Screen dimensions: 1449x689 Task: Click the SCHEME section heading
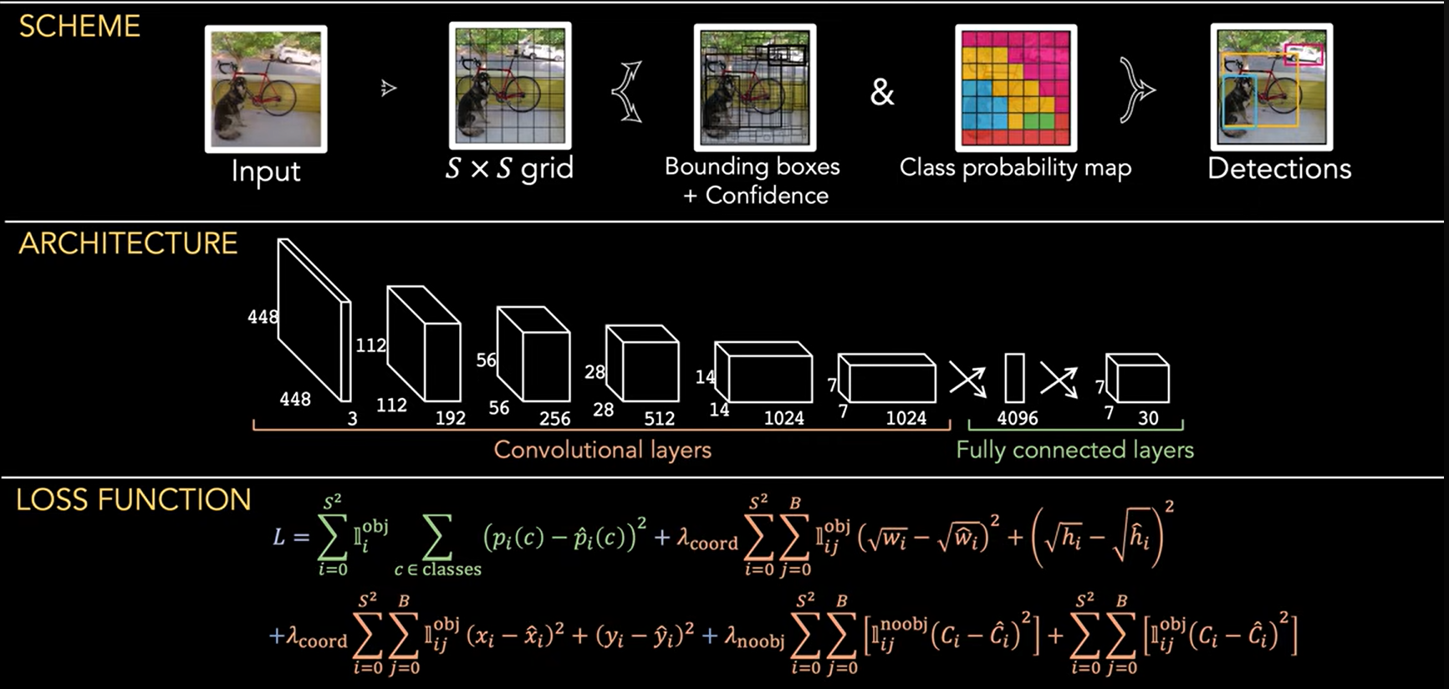pos(79,27)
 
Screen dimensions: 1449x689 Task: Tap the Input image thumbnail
pos(266,89)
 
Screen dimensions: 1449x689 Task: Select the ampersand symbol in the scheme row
pos(882,92)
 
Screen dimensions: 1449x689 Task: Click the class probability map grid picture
pos(1016,88)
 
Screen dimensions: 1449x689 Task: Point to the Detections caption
pos(1279,169)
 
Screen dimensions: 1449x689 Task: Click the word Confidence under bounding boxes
pos(767,196)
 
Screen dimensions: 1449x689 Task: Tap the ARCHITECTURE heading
pos(128,243)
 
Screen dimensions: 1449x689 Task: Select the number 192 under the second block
pos(451,418)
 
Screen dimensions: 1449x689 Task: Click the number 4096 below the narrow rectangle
pos(1018,418)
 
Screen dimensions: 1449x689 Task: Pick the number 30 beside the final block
pos(1149,418)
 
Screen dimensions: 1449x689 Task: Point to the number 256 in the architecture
pos(554,418)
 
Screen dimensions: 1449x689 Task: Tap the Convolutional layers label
pos(602,450)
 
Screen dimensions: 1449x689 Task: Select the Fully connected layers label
pos(1075,450)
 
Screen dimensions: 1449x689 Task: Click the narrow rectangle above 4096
pos(1014,378)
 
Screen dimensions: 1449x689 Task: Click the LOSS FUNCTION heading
pos(134,500)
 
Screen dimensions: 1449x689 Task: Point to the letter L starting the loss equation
pos(279,536)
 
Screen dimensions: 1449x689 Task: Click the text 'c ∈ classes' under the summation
pos(438,569)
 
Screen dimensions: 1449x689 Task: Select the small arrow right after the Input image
pos(388,88)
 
